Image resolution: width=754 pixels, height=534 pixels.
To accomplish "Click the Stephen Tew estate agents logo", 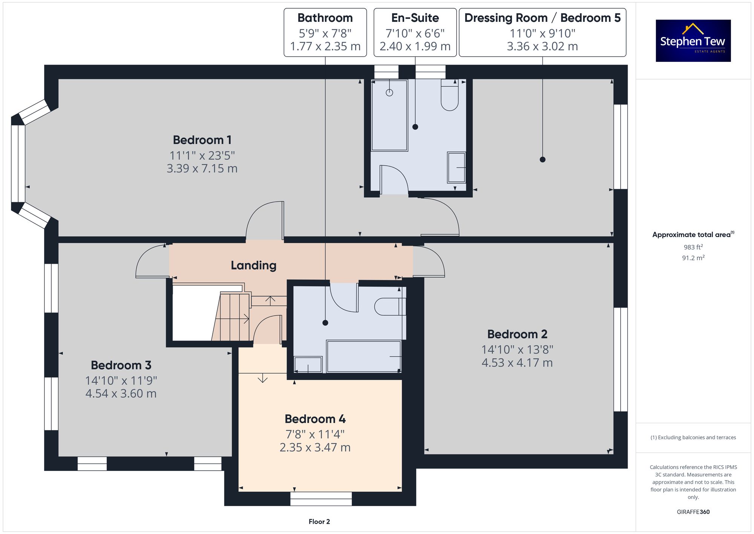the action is (x=693, y=41).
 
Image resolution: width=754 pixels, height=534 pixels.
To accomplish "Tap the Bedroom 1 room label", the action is (x=202, y=140).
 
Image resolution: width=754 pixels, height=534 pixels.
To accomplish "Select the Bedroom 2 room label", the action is (x=517, y=334).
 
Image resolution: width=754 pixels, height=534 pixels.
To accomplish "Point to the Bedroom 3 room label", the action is (x=121, y=365).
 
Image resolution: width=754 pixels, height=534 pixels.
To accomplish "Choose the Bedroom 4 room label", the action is (x=315, y=419).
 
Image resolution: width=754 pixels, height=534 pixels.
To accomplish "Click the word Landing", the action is (x=254, y=266).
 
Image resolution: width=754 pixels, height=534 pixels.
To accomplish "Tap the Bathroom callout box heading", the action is (x=325, y=18).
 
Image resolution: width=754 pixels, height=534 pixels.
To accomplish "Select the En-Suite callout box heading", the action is (x=415, y=18).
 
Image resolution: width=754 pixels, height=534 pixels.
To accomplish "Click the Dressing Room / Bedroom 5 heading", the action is (x=543, y=18).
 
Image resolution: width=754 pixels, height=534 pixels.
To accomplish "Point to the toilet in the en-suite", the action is (x=449, y=95).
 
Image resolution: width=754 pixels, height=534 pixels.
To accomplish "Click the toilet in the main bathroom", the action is (x=390, y=306).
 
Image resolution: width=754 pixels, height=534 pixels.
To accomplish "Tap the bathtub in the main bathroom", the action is (x=364, y=356).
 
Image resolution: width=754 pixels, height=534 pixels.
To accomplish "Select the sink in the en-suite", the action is (x=457, y=168).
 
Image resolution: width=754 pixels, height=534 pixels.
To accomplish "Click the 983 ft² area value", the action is (x=693, y=247).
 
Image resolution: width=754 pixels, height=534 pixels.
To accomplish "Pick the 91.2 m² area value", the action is (x=693, y=258).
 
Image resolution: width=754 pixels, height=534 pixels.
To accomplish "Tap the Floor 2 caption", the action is (x=319, y=522).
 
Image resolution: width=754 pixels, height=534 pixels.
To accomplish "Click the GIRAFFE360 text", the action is (x=693, y=512).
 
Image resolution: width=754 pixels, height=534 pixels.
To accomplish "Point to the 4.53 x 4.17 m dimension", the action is (x=517, y=363).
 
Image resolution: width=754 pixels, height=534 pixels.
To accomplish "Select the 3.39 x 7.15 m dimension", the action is (x=202, y=168).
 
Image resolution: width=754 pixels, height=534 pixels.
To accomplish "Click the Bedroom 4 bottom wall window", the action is (x=321, y=499).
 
